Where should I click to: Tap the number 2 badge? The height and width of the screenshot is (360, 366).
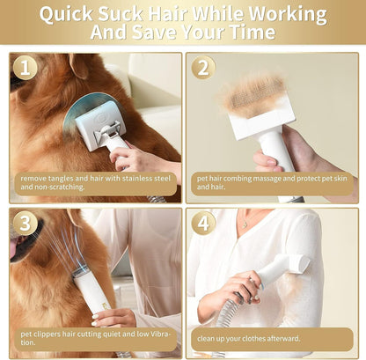click(x=203, y=68)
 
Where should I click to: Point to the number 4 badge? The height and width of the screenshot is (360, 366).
click(x=203, y=223)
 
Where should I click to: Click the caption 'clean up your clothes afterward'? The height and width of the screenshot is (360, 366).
click(x=250, y=338)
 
